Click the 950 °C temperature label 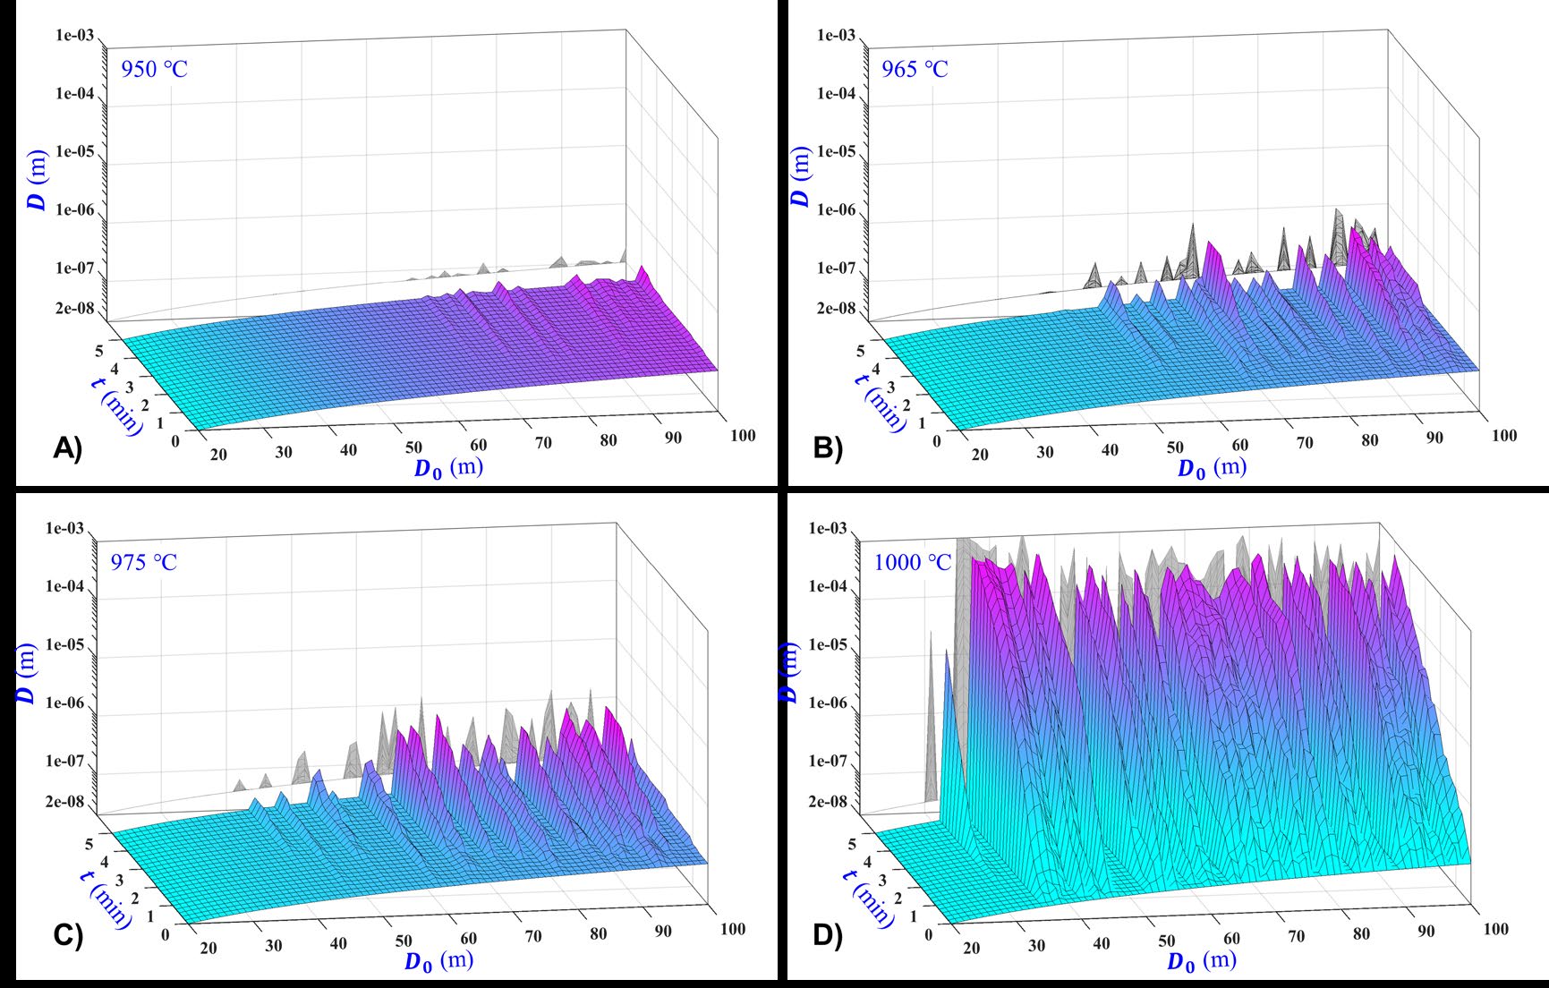(154, 69)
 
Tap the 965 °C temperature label (914, 69)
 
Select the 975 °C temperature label (143, 563)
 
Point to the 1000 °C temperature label (912, 563)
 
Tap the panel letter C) (67, 935)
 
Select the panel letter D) (828, 935)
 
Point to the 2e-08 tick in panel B (837, 309)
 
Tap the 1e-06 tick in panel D (828, 703)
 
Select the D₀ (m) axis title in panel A (447, 468)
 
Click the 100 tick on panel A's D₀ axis (743, 436)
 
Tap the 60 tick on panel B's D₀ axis (1239, 446)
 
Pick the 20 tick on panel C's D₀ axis (209, 949)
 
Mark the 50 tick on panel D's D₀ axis (1166, 941)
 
